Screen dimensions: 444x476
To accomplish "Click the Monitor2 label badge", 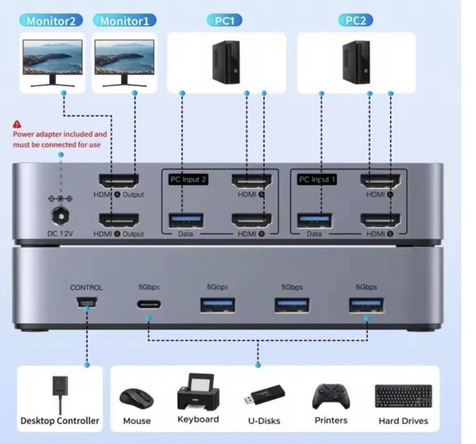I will click(x=54, y=20).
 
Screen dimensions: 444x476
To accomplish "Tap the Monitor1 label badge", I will click(x=125, y=20).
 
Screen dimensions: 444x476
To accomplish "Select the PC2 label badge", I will click(x=355, y=20).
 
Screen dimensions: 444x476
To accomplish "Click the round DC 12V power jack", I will click(x=62, y=214).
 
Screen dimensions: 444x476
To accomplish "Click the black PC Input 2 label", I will click(x=189, y=180).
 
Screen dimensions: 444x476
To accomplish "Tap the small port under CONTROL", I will click(x=86, y=303).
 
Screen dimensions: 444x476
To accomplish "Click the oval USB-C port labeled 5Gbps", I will click(x=149, y=304).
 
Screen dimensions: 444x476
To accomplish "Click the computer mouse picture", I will click(x=137, y=399).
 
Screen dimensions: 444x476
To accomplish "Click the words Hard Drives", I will click(x=403, y=420).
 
